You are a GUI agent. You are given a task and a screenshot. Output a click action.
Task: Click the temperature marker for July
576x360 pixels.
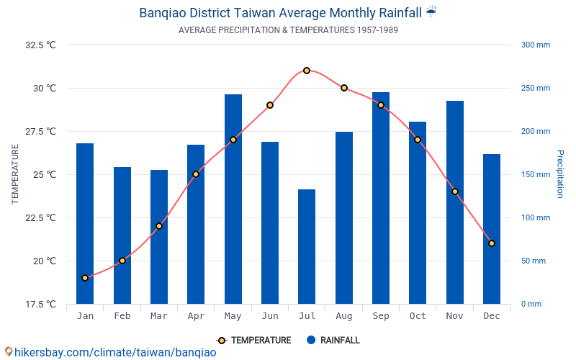click(307, 71)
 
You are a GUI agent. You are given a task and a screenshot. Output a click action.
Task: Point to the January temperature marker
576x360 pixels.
click(85, 278)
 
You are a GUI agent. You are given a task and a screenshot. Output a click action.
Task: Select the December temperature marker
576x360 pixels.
click(492, 243)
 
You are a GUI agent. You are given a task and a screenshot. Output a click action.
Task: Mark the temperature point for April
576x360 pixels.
click(196, 174)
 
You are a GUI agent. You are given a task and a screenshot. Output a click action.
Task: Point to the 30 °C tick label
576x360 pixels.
click(44, 89)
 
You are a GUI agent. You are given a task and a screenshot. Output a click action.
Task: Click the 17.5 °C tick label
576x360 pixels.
click(40, 305)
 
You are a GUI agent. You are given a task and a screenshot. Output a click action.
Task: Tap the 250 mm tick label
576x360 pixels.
click(535, 89)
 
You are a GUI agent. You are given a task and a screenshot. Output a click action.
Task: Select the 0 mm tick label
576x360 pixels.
click(531, 305)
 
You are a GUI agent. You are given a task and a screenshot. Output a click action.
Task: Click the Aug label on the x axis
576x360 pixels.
click(344, 316)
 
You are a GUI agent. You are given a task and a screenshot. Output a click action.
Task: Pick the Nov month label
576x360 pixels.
click(455, 316)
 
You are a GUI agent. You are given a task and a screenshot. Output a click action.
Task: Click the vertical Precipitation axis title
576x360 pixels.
click(560, 174)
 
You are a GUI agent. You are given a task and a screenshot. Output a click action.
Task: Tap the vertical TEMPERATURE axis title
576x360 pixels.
click(15, 174)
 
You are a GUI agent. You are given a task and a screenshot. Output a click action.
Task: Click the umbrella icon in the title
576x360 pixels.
click(431, 12)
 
